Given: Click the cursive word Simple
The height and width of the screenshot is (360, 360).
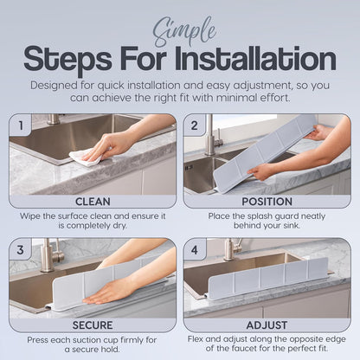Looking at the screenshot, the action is tap(185, 33).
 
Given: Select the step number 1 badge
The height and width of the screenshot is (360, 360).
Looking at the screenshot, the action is tap(21, 125).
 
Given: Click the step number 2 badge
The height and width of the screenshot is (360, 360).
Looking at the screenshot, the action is tap(195, 125).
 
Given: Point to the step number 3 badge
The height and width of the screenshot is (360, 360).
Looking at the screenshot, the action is tap(21, 249).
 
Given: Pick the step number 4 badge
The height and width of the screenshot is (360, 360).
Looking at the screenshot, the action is tap(195, 249).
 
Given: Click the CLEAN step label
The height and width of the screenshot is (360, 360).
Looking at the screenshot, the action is tap(93, 202).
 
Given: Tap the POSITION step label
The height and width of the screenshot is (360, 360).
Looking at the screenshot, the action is tap(267, 202).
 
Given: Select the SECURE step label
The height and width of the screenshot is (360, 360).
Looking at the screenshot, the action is tap(93, 325).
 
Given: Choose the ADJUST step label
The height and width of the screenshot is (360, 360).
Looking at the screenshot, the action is tap(267, 325).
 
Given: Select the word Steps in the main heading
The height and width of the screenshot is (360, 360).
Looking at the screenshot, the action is tap(67, 60).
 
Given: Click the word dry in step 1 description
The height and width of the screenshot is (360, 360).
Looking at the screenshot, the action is tap(119, 226).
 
